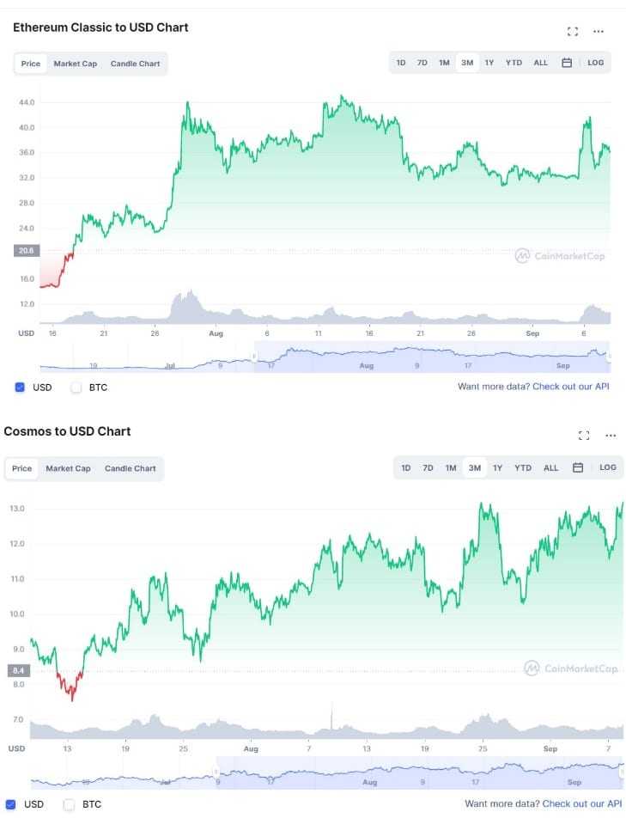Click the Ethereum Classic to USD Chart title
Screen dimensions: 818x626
pos(100,27)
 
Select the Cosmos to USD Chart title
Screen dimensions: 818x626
pos(67,431)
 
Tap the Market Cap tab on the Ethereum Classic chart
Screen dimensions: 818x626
pos(75,64)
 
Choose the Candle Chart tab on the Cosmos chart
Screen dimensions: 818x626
pos(130,468)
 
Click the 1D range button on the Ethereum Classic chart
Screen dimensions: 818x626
pos(401,63)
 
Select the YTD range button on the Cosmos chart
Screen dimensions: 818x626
pos(522,468)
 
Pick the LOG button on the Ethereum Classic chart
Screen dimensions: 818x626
pos(595,63)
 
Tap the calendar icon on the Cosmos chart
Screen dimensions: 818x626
pos(578,468)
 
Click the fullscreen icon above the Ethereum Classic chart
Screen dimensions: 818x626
pos(573,32)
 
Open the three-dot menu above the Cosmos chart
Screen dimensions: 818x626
pos(611,436)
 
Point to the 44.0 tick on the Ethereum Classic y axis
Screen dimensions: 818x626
pos(27,102)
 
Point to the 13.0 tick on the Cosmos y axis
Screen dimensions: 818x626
pos(18,509)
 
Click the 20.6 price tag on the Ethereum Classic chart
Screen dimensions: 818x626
pos(26,251)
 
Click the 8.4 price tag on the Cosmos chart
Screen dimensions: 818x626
pos(17,670)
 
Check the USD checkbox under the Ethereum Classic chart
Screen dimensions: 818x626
pos(20,388)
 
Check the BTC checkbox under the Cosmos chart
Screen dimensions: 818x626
pos(70,804)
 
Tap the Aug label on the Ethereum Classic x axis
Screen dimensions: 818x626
pos(216,333)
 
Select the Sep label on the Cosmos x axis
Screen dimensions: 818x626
pos(550,749)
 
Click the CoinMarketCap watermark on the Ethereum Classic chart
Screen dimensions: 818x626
pos(559,255)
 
